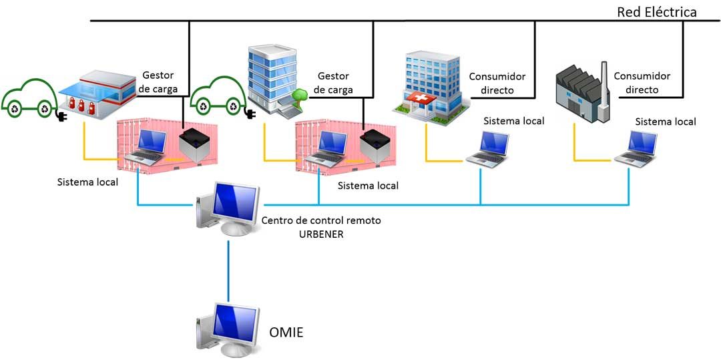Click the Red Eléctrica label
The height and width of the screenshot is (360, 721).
[x=657, y=13]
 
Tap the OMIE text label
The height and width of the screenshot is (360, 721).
[x=286, y=333]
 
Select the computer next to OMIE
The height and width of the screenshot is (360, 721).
[x=228, y=330]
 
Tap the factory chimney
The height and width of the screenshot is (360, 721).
[x=604, y=92]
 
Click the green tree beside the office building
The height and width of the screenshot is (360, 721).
[x=300, y=95]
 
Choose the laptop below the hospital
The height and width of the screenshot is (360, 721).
[x=488, y=149]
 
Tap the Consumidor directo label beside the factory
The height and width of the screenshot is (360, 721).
[x=642, y=83]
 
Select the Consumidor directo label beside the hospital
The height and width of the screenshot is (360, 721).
[x=497, y=83]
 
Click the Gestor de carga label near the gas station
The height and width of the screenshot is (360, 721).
[x=160, y=82]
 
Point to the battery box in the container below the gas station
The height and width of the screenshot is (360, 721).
[x=194, y=145]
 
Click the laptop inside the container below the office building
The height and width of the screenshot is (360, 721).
[x=326, y=149]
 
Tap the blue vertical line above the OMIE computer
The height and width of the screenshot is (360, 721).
[x=228, y=271]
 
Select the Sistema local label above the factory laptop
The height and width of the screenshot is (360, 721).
[x=666, y=122]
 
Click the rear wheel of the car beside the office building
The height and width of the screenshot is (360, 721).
[x=204, y=107]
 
